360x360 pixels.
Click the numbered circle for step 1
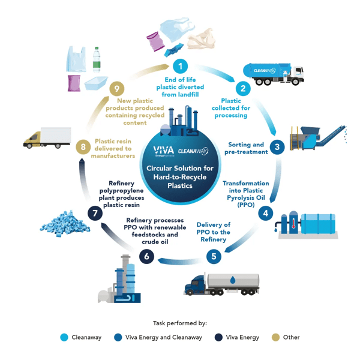179,66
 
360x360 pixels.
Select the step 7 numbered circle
94,212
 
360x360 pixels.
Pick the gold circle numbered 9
117,89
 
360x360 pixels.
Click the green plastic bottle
97,59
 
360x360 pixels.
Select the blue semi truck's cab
198,284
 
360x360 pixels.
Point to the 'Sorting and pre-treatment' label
247,148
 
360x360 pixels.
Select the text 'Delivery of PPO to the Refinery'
214,232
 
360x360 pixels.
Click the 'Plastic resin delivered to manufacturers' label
113,149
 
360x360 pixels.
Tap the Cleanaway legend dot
64,337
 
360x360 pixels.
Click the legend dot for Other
275,337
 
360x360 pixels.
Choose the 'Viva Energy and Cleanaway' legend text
164,337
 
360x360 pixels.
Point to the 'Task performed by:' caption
180,323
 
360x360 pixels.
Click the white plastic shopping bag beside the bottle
76,60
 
